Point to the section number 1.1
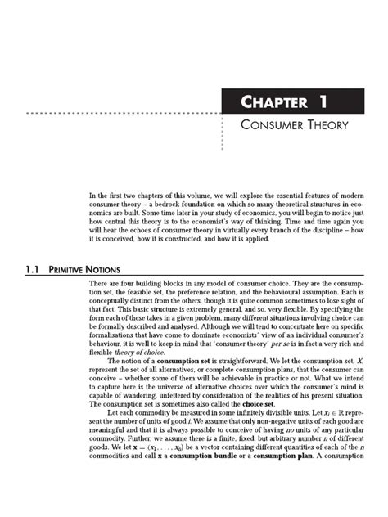point(20,265)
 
